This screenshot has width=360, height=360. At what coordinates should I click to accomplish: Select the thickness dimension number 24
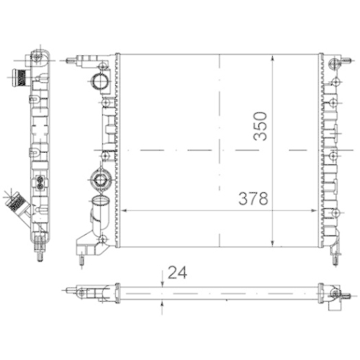[x=176, y=272]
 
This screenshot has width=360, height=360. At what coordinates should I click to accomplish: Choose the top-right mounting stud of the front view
[x=335, y=63]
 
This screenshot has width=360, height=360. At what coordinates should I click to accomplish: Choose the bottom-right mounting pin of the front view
[x=335, y=253]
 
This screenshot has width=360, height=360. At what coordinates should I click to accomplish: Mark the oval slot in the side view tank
[x=40, y=180]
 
